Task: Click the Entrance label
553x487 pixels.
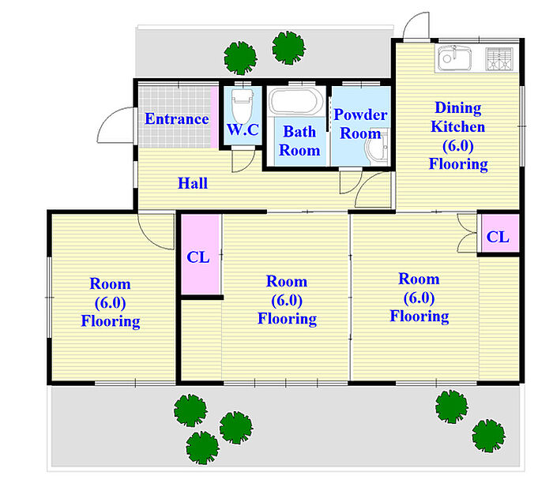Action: pos(177,118)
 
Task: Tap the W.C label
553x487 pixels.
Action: pos(243,129)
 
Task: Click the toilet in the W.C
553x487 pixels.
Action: pos(243,105)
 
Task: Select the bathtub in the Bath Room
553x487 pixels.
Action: pos(296,102)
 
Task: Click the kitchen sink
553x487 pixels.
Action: pos(454,58)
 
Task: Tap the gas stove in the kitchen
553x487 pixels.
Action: pos(499,59)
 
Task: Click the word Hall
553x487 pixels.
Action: pos(193,183)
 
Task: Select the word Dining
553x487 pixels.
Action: pos(457,108)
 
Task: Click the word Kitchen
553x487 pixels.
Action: pos(457,126)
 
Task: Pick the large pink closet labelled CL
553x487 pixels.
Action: pos(201,254)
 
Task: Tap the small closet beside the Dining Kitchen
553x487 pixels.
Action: pos(498,233)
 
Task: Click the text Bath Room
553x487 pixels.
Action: pos(299,141)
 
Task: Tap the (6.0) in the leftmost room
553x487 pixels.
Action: pos(110,303)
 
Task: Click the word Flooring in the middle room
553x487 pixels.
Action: pos(287,319)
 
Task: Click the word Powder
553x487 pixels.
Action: pos(360,114)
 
